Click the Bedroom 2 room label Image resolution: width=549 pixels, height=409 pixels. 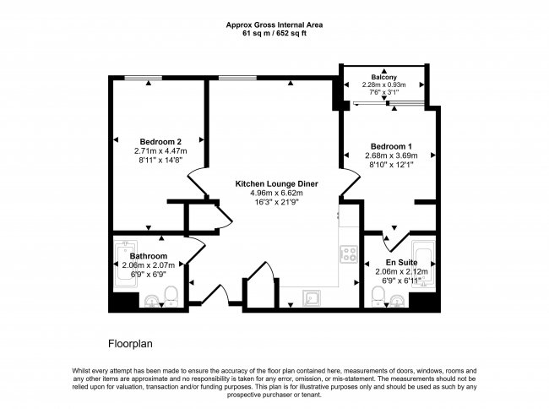click(160, 141)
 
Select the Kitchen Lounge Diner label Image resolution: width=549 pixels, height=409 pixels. click(269, 183)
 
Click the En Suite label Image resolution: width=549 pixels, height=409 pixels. click(390, 262)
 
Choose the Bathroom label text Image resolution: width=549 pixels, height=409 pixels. click(148, 256)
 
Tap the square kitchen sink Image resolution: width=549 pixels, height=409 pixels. click(311, 295)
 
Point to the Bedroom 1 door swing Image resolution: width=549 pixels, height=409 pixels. click(348, 180)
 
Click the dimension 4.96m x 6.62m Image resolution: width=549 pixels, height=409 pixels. click(269, 193)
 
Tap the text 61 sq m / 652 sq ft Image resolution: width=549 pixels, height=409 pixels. click(274, 33)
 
